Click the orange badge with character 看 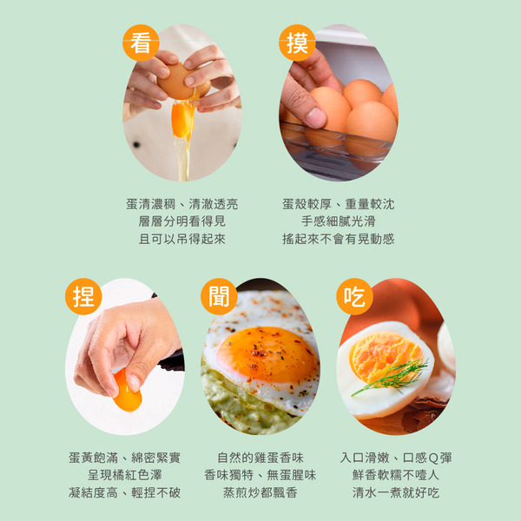[x=141, y=43]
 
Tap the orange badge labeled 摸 [x=297, y=43]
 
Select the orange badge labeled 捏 [x=83, y=296]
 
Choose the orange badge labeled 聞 [x=219, y=296]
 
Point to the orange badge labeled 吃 [x=354, y=296]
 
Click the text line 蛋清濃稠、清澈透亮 [x=182, y=204]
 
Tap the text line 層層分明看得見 [x=182, y=221]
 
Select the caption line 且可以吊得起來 [x=182, y=239]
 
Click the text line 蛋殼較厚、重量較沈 [x=339, y=204]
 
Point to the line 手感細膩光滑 [x=339, y=221]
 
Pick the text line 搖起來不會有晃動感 [x=339, y=239]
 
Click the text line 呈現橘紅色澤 [x=124, y=475]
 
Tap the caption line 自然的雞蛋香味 [x=260, y=458]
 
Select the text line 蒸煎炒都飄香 [x=260, y=492]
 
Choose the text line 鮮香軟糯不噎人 [x=396, y=475]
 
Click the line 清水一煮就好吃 [x=396, y=492]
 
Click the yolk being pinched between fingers [x=127, y=393]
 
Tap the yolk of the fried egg [x=267, y=354]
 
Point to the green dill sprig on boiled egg [x=392, y=378]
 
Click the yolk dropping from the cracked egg [x=182, y=120]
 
